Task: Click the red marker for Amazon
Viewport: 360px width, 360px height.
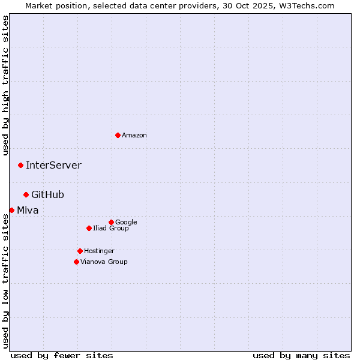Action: (x=118, y=135)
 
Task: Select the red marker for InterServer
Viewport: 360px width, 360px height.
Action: (x=20, y=165)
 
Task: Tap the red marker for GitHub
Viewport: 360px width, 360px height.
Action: (x=26, y=194)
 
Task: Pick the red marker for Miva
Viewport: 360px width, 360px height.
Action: (x=11, y=210)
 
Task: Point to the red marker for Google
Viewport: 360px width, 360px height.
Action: (x=111, y=222)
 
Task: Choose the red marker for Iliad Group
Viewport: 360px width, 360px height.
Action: (x=89, y=228)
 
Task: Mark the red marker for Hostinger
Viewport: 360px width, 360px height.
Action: (x=80, y=251)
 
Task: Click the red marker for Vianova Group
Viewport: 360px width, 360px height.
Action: (x=76, y=262)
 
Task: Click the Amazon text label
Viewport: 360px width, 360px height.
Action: (x=134, y=136)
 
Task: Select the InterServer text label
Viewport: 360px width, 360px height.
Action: (x=53, y=166)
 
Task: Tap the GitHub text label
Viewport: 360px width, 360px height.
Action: (x=47, y=195)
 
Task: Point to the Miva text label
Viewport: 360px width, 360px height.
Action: (x=28, y=211)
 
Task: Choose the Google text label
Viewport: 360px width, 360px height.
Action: (x=126, y=223)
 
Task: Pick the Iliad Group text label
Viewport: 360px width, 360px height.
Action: (x=111, y=229)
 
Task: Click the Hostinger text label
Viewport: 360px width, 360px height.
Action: (x=99, y=251)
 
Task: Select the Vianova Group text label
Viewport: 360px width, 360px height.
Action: (x=104, y=262)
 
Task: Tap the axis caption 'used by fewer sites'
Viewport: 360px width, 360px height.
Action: (x=62, y=355)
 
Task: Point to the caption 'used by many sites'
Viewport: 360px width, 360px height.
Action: (x=301, y=355)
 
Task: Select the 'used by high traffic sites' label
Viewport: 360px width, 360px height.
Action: (x=6, y=85)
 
